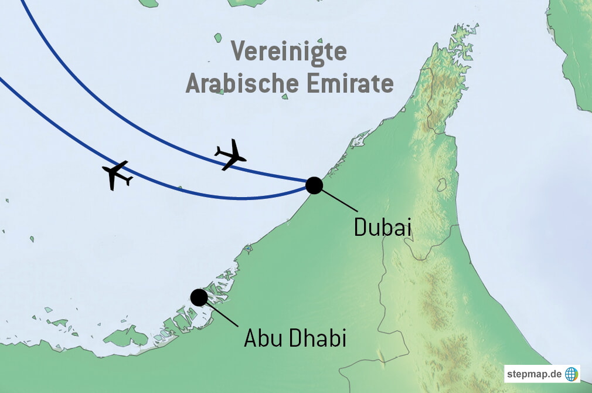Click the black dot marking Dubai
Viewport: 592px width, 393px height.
click(314, 185)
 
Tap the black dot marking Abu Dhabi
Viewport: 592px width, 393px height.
click(199, 297)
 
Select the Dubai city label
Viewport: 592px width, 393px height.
click(382, 227)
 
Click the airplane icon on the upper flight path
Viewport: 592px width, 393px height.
click(230, 154)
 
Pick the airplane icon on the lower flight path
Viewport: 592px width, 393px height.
click(117, 174)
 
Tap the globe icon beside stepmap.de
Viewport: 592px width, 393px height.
click(571, 374)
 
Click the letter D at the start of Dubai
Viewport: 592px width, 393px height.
click(360, 227)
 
